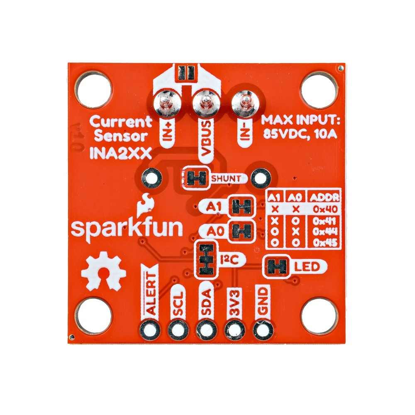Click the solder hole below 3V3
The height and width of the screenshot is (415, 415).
tap(234, 330)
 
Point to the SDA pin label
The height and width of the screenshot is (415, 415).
tap(206, 302)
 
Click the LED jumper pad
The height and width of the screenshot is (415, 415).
tap(277, 266)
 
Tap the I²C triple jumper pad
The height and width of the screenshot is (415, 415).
tap(206, 259)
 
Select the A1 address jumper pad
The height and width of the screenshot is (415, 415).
tap(242, 206)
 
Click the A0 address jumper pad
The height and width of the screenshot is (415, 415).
tap(242, 231)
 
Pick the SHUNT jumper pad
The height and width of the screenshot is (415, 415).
tap(196, 178)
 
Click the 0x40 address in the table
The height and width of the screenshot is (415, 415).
tap(325, 209)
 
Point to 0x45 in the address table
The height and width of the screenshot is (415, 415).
tap(325, 243)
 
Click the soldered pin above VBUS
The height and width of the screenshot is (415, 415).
tap(204, 103)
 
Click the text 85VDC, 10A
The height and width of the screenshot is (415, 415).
tap(300, 134)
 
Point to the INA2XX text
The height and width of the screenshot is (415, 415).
tap(121, 153)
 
